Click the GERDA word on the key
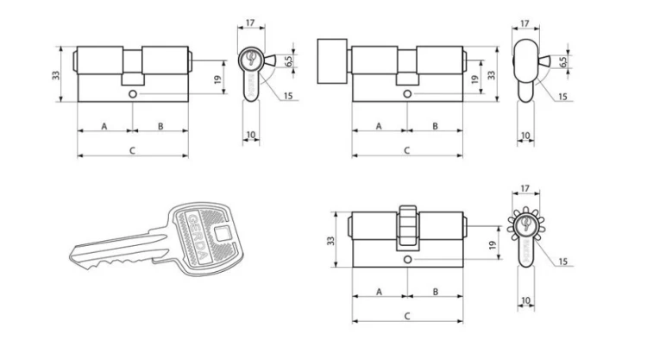coord(198,236)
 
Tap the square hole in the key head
coord(222,235)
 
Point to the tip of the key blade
coord(71,256)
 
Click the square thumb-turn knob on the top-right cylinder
coord(332,61)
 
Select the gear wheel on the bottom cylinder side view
coord(525,224)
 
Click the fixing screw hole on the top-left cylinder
coord(133,94)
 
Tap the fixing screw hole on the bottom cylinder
coord(408,260)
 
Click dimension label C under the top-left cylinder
coord(132,151)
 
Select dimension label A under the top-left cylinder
coord(104,126)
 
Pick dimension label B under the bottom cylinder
coord(436,292)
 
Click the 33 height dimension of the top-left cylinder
coord(56,75)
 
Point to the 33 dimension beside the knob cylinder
coord(492,75)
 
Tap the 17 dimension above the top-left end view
coord(250,22)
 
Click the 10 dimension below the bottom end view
coord(525,300)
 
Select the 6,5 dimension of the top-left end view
coord(289,60)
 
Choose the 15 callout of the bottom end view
coord(562,262)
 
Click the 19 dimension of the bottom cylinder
coord(493,245)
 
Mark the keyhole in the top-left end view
coord(250,58)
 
